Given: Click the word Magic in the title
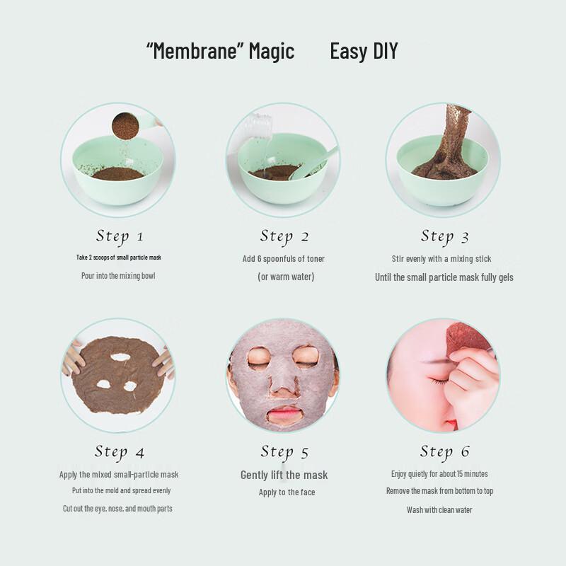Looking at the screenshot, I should pyautogui.click(x=271, y=52).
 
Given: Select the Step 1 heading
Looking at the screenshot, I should pyautogui.click(x=120, y=236).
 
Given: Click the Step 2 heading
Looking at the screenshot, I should pyautogui.click(x=284, y=236).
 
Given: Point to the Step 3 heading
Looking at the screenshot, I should pyautogui.click(x=445, y=236).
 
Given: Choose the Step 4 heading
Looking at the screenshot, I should pyautogui.click(x=120, y=452).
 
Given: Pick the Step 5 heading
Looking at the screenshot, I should pyautogui.click(x=284, y=452).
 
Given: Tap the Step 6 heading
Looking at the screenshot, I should pyautogui.click(x=445, y=452).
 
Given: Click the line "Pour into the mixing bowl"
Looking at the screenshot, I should pyautogui.click(x=118, y=275).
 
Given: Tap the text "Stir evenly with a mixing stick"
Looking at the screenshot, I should pyautogui.click(x=441, y=259).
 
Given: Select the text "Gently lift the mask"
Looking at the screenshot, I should pyautogui.click(x=284, y=475).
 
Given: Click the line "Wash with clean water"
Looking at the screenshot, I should pyautogui.click(x=439, y=509).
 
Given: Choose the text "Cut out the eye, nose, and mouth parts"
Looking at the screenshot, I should pyautogui.click(x=117, y=509).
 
